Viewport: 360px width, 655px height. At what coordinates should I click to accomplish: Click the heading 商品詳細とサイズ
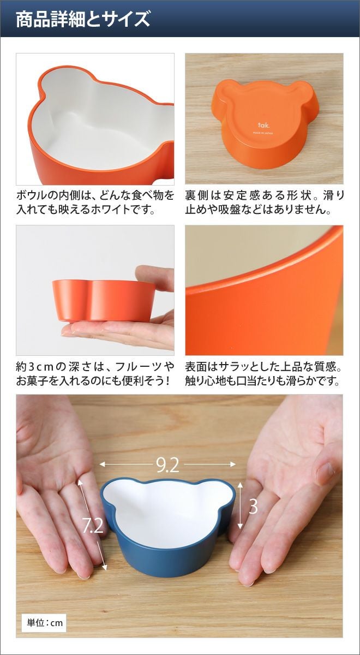coord(83,19)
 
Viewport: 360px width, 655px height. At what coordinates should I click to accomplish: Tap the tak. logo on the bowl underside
coord(263,125)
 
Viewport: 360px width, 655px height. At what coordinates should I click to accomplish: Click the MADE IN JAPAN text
coord(263,133)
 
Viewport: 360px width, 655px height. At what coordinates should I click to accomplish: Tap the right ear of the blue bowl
coord(224,491)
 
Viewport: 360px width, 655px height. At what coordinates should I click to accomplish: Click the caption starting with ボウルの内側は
coord(95,203)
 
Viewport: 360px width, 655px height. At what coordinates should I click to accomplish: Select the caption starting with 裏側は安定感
coord(265,203)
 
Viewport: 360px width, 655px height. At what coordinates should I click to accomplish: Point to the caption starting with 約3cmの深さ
coord(95,374)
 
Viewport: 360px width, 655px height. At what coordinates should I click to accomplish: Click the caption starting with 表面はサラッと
coord(264,374)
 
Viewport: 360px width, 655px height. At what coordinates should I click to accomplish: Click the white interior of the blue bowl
coord(168,509)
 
